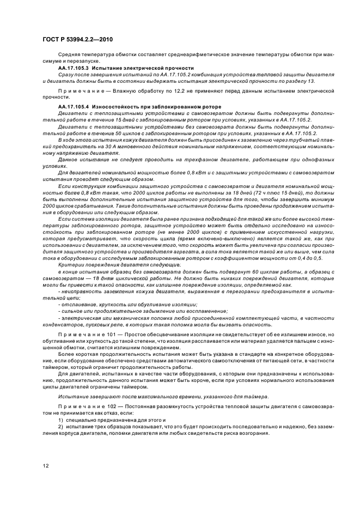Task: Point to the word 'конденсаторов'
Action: [x=61, y=323]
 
